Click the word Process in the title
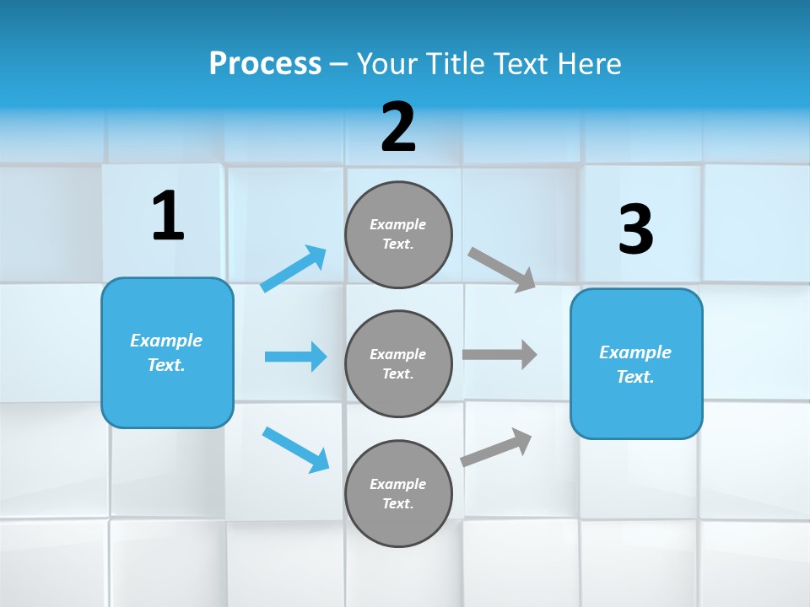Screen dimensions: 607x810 tap(265, 63)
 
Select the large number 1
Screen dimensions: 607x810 tap(168, 216)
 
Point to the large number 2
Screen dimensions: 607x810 tap(398, 127)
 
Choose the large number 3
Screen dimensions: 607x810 tap(635, 229)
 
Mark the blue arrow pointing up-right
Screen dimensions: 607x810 tap(294, 269)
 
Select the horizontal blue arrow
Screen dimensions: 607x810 tap(295, 357)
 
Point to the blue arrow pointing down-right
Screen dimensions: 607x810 tap(295, 449)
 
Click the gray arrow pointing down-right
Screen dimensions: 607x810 tap(502, 269)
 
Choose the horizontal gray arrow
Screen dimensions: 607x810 tap(499, 354)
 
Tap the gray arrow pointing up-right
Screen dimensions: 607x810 tap(496, 447)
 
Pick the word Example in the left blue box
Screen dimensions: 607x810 tap(166, 341)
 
